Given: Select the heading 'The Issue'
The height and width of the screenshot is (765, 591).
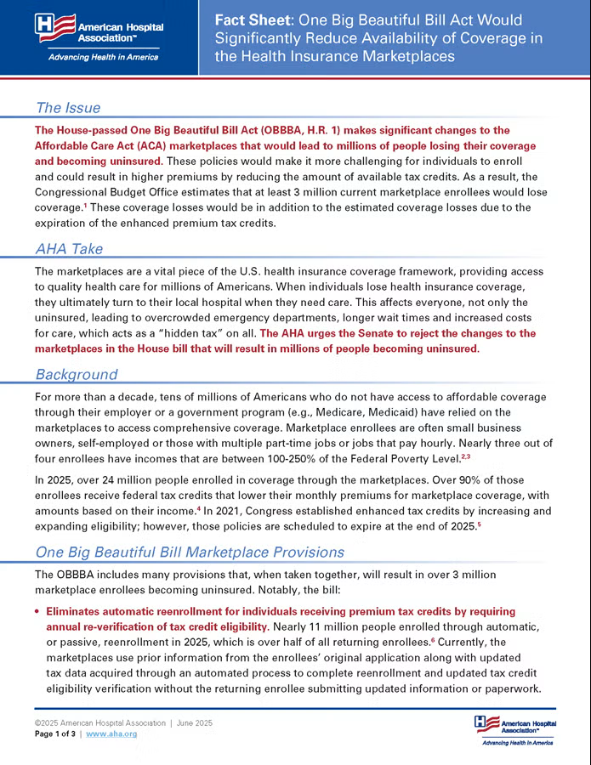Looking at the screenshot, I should [68, 108].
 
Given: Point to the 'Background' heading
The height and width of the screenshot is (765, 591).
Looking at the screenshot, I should [77, 374].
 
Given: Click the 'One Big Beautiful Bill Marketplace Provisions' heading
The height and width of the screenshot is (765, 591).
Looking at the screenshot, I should [190, 552].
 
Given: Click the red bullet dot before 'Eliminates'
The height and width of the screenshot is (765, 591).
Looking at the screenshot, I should [38, 612].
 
